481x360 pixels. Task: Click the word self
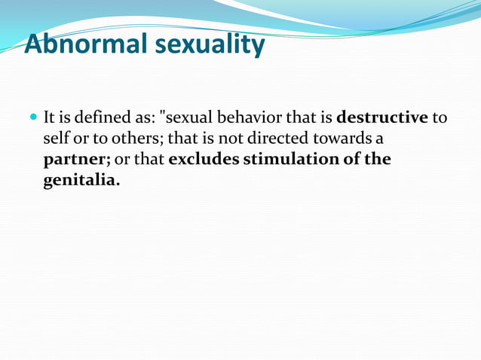(56, 139)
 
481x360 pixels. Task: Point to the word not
(228, 139)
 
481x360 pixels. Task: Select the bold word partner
(75, 160)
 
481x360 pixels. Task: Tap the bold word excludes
(204, 160)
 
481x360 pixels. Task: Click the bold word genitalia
(81, 181)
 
